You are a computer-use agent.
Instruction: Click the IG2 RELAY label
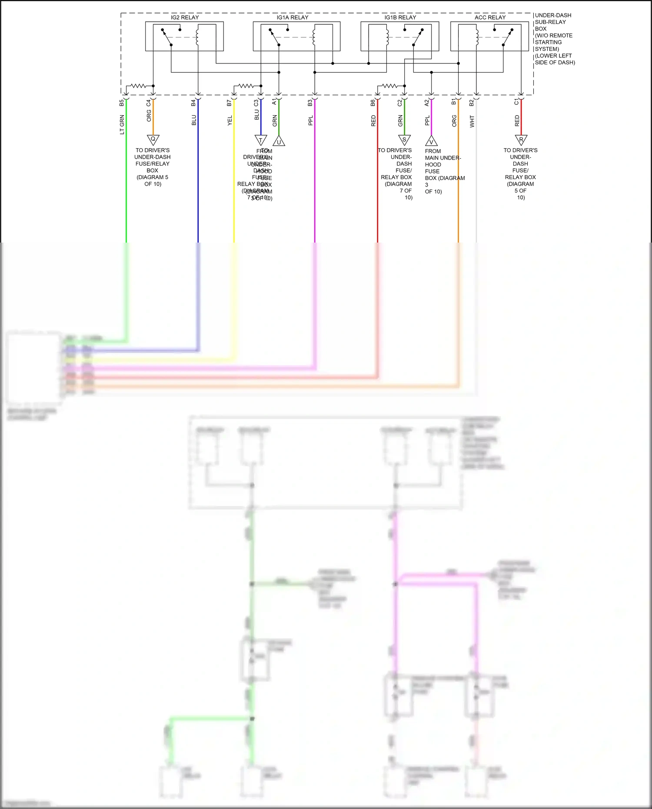185,17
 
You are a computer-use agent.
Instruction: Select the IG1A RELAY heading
293,17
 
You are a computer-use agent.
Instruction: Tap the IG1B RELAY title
400,17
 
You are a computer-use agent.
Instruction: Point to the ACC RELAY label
490,17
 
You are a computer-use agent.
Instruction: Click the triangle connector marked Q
153,140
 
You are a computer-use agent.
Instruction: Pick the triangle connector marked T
260,140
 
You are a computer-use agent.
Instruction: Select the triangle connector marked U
279,141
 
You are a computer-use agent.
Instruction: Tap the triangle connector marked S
404,140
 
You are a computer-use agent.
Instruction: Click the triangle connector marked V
431,141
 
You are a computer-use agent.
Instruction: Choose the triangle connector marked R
521,140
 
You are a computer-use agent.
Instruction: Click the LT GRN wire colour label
122,125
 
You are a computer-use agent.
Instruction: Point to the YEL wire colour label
230,121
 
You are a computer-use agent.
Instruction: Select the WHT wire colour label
472,121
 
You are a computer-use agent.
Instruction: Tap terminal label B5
122,103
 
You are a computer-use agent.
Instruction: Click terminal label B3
310,103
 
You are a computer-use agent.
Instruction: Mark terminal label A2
427,103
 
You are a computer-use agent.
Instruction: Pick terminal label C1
516,102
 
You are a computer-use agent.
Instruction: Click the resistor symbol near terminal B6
389,86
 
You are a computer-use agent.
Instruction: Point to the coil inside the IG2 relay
198,37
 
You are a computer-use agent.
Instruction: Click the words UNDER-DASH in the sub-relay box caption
553,15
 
